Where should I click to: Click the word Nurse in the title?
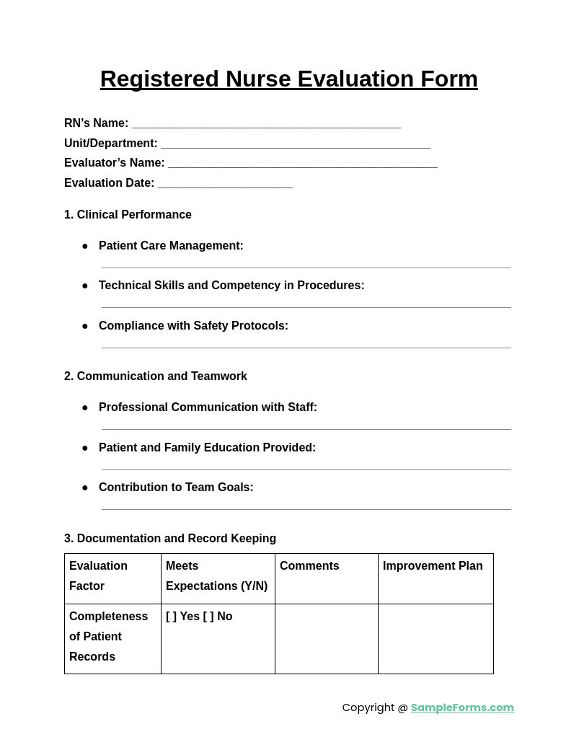[258, 79]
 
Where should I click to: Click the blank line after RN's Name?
[266, 125]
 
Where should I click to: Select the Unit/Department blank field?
[295, 145]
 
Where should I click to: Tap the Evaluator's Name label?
[114, 163]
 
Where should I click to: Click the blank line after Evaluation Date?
[225, 185]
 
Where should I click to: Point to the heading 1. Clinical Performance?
[128, 215]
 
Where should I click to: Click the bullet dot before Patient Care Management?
[85, 247]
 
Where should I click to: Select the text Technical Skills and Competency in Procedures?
[231, 286]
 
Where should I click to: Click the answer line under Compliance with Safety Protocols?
[306, 348]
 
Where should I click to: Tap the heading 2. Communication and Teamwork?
[155, 376]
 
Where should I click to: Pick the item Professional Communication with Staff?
[208, 407]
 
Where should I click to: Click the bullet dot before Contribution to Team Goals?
[85, 488]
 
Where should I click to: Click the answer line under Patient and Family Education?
[306, 469]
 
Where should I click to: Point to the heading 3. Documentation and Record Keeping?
[170, 539]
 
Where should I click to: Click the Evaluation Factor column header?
[99, 575]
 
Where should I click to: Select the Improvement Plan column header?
[433, 566]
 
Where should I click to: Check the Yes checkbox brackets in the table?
[172, 617]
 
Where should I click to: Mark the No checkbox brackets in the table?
[208, 617]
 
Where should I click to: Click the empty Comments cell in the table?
[326, 638]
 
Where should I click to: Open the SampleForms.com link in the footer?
[462, 707]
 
